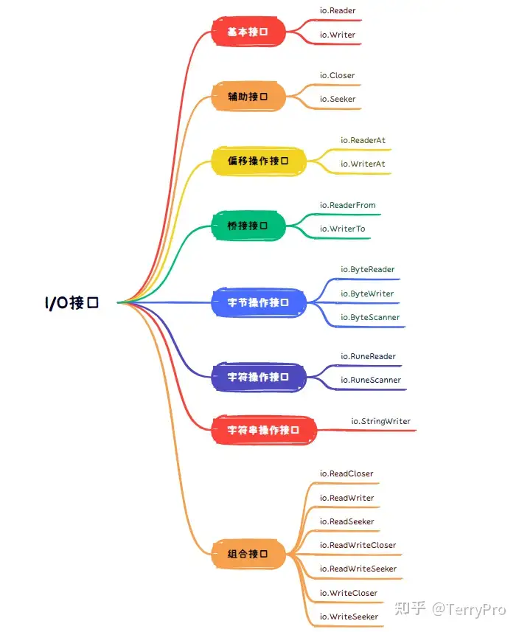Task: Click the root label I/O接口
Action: (71, 302)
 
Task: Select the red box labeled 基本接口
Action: (247, 32)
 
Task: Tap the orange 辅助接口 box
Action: (247, 96)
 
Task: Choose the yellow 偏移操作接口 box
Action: (257, 161)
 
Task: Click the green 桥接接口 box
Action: (247, 226)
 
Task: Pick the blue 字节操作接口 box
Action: (257, 302)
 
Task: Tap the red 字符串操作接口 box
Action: (263, 430)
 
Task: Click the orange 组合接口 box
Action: (247, 554)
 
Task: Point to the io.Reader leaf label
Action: (338, 11)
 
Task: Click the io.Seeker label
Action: (338, 99)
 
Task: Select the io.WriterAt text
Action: (363, 164)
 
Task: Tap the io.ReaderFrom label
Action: (347, 205)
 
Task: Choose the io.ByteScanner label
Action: (370, 317)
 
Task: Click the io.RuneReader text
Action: (368, 357)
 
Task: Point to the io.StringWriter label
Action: (380, 421)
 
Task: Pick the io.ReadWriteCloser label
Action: (358, 545)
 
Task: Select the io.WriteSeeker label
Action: (349, 617)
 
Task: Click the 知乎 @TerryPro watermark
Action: (450, 608)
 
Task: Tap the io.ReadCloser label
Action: (346, 473)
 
